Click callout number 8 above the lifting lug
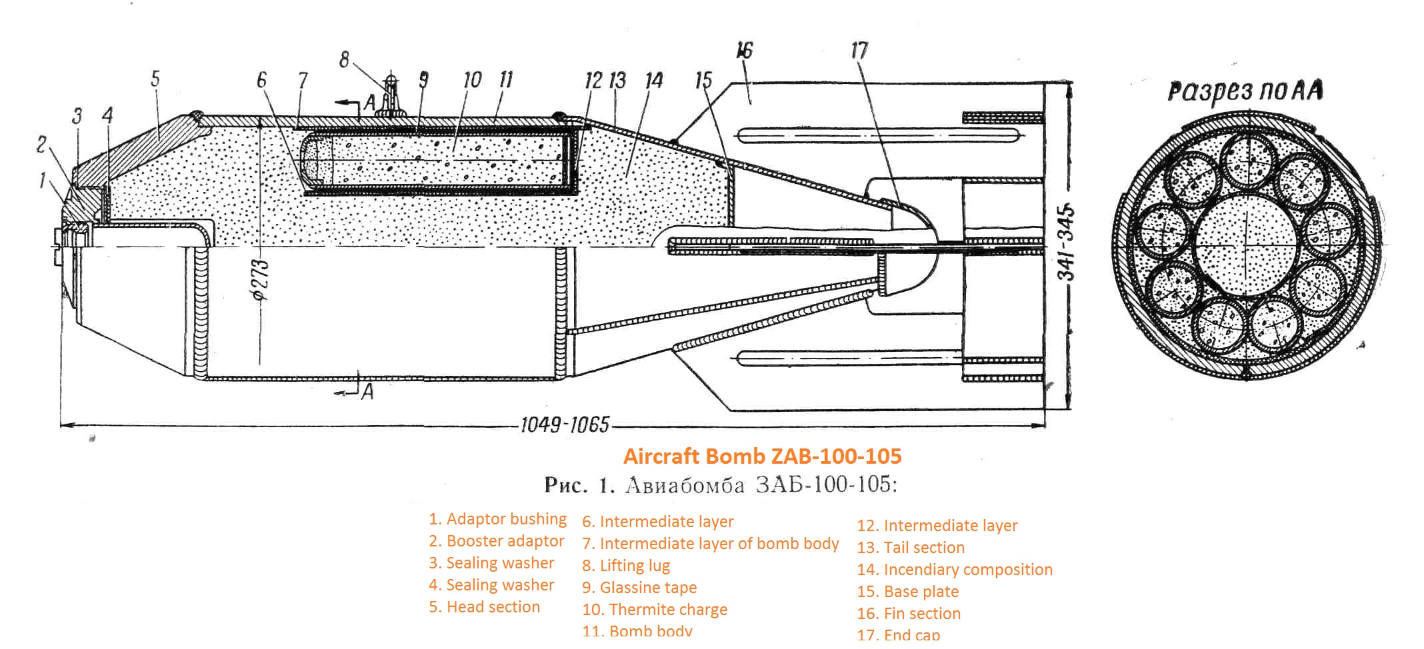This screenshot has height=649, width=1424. click(x=344, y=59)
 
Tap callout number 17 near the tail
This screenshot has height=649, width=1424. click(x=859, y=50)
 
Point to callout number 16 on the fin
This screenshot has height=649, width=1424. click(x=745, y=50)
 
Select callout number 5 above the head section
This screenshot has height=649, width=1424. click(x=155, y=79)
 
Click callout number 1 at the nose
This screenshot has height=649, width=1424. click(x=43, y=180)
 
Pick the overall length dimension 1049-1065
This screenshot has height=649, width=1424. click(x=564, y=424)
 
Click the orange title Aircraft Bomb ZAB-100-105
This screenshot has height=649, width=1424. click(x=762, y=456)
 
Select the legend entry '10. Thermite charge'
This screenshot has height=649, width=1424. click(x=654, y=610)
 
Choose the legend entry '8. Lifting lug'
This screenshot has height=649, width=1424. click(x=625, y=566)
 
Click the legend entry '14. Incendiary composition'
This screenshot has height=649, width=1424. click(x=954, y=570)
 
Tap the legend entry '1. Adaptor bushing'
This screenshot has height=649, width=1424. click(x=497, y=519)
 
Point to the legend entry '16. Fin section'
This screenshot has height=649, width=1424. click(x=909, y=614)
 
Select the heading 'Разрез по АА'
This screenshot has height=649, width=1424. click(x=1245, y=91)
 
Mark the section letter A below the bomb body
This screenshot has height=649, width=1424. click(x=367, y=392)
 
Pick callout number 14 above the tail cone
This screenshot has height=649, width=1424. click(x=654, y=81)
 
